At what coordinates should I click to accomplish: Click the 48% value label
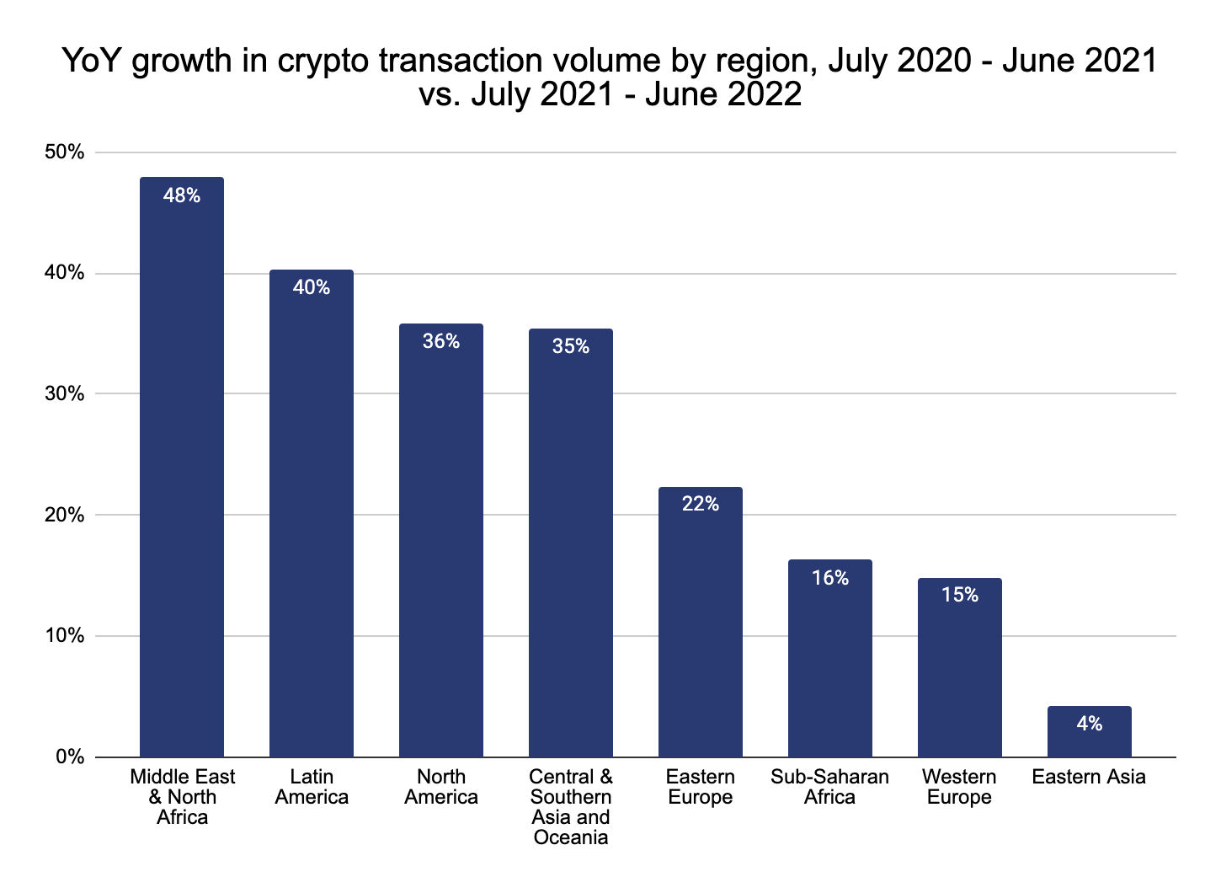[182, 196]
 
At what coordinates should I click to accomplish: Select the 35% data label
[571, 346]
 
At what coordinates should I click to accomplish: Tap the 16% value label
[830, 578]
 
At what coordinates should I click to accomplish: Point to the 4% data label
[1090, 724]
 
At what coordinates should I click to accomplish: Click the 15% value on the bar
[960, 596]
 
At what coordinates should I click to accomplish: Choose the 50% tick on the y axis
[65, 152]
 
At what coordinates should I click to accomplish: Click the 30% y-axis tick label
[65, 394]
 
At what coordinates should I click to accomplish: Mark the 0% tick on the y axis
[69, 757]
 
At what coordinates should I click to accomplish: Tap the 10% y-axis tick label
[65, 636]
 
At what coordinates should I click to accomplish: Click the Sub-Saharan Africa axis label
[830, 787]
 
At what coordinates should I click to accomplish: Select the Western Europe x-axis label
[960, 787]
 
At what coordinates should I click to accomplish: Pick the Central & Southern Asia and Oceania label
[571, 807]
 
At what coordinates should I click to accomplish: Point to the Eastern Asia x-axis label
[1090, 777]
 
